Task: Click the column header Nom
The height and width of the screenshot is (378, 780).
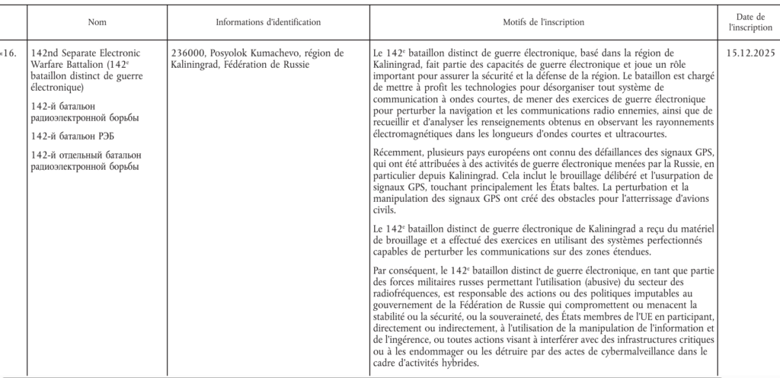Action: tap(97, 23)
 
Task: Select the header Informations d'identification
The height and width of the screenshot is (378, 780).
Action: tap(268, 23)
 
